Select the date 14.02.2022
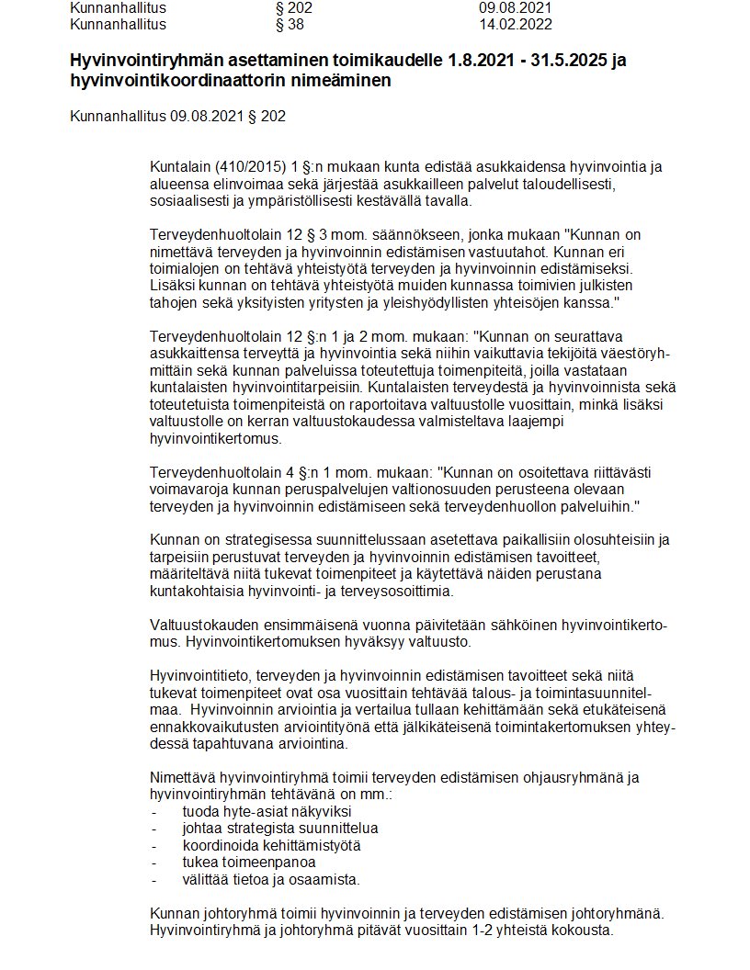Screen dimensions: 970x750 pyautogui.click(x=511, y=24)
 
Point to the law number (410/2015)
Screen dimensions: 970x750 pyautogui.click(x=247, y=166)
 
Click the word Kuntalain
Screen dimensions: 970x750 pyautogui.click(x=180, y=166)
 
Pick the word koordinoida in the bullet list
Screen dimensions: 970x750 pyautogui.click(x=221, y=845)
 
